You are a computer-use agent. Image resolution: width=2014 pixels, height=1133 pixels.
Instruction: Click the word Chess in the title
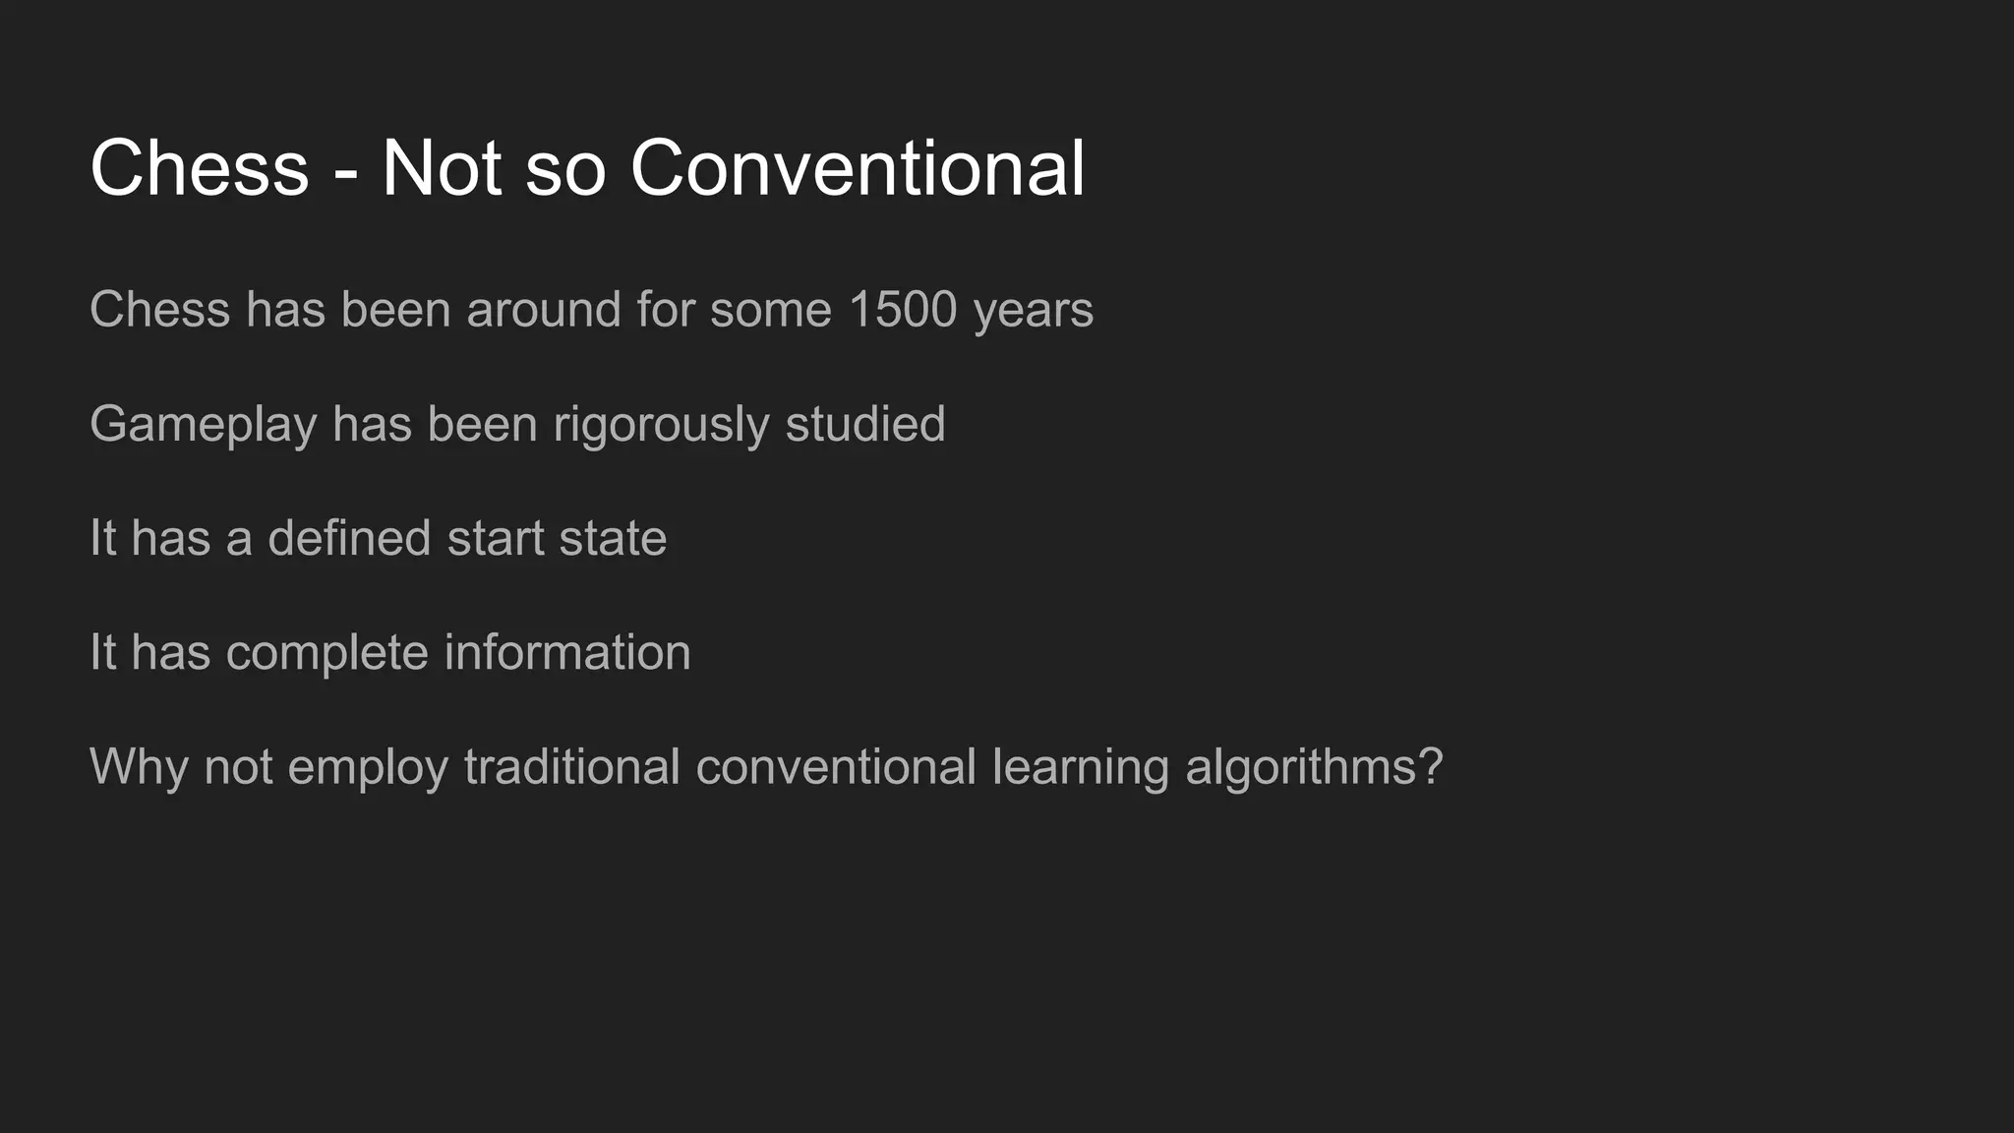coord(200,168)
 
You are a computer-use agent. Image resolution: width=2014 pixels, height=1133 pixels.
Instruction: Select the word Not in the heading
coord(443,168)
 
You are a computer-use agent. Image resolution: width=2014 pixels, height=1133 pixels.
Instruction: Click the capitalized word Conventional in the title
coord(858,168)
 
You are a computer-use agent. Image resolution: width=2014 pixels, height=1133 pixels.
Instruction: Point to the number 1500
coord(902,310)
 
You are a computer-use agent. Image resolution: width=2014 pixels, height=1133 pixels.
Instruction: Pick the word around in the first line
coord(544,310)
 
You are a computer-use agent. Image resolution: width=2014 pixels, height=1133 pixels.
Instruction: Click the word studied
coord(864,424)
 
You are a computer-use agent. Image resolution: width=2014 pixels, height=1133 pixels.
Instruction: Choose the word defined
coord(349,538)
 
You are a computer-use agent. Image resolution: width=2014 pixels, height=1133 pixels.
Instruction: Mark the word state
coord(613,539)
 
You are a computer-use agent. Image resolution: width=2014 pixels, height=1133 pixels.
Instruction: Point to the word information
coord(567,652)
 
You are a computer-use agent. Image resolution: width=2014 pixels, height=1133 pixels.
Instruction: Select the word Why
coord(139,768)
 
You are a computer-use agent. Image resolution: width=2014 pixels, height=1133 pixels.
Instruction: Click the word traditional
coord(571,766)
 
